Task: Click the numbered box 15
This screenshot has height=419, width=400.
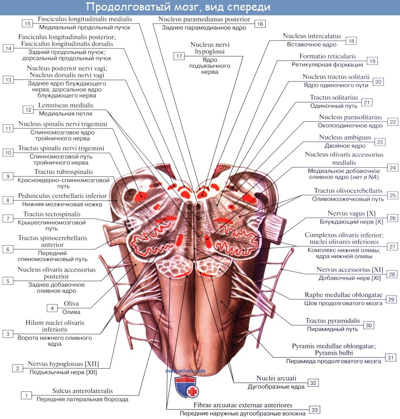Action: [27, 23]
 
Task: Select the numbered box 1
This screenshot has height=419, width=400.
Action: [26, 395]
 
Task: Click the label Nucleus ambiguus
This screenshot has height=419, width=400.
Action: [345, 138]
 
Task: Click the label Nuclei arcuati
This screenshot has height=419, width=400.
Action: [276, 378]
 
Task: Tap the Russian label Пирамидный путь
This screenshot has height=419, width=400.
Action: [332, 329]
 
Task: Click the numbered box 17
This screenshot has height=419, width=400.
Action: [179, 56]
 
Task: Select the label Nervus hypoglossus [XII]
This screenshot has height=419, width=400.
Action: [63, 364]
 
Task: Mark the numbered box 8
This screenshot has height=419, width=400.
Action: [7, 200]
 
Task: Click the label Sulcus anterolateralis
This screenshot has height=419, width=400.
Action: [82, 391]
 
